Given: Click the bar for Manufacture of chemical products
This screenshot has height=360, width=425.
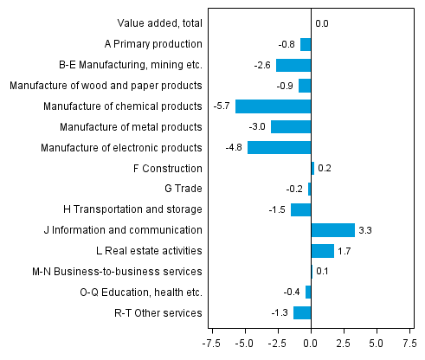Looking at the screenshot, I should (273, 106).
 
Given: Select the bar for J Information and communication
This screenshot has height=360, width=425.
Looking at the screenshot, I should (332, 230).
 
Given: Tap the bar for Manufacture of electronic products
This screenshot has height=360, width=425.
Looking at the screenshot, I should (279, 147).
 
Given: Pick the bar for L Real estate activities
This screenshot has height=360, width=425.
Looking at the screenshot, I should (322, 251).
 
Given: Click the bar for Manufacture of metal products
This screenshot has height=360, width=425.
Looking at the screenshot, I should (291, 127).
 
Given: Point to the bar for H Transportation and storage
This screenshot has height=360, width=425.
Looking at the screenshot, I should (300, 209).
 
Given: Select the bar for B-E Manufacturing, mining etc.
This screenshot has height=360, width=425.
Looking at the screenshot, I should (293, 65).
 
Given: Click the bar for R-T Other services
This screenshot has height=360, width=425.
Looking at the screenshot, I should (302, 312).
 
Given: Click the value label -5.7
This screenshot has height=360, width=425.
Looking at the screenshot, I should (222, 106).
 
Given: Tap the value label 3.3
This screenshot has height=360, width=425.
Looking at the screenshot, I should (366, 230).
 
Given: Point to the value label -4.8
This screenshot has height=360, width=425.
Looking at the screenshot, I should (235, 147).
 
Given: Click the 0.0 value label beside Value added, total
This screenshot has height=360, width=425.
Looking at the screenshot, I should (322, 24).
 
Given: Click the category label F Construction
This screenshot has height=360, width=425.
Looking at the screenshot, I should (171, 169).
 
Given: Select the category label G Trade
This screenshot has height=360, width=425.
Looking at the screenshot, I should (183, 189).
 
